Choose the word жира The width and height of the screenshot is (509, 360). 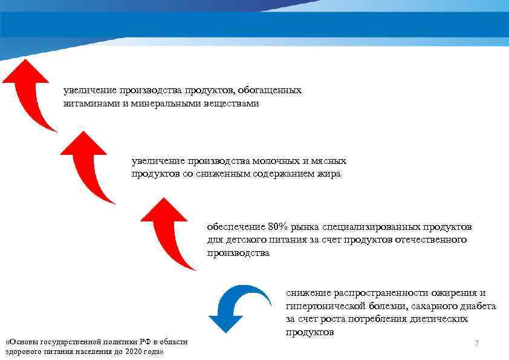point(331,174)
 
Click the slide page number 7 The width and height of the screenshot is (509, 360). point(476,343)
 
